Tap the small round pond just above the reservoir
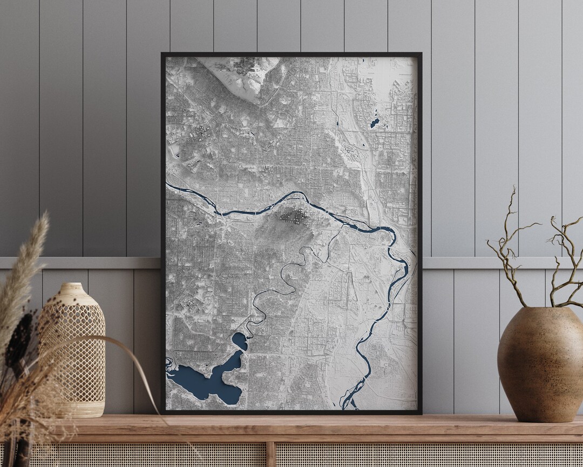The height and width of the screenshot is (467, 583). tap(239, 341)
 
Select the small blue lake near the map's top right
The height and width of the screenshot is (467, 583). tap(375, 123)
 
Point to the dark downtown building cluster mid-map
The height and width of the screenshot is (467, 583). tap(293, 216)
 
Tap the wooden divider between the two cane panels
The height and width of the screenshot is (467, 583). tap(271, 454)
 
